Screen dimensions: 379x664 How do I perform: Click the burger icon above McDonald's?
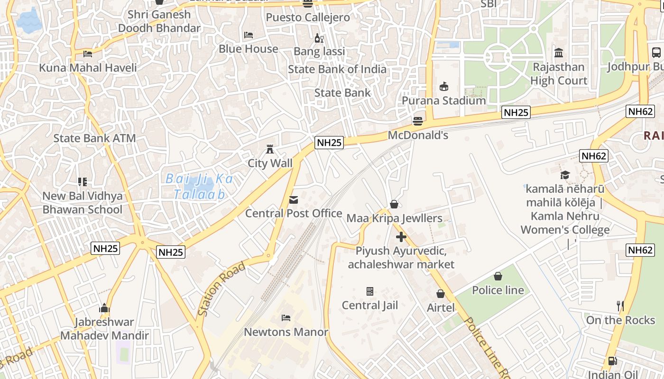pyautogui.click(x=417, y=121)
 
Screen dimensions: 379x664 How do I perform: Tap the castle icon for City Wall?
pyautogui.click(x=270, y=149)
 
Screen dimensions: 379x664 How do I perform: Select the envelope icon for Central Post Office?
pyautogui.click(x=294, y=200)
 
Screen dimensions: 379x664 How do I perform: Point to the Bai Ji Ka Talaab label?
pyautogui.click(x=200, y=186)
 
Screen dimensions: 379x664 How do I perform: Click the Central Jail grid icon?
pyautogui.click(x=370, y=291)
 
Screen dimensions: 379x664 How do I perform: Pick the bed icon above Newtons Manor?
pyautogui.click(x=286, y=317)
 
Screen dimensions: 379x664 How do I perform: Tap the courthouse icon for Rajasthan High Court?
pyautogui.click(x=559, y=53)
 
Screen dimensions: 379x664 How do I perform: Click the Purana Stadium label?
pyautogui.click(x=444, y=100)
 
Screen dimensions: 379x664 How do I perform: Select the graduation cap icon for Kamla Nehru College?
pyautogui.click(x=565, y=175)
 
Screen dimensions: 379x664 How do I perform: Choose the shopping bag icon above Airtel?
pyautogui.click(x=441, y=294)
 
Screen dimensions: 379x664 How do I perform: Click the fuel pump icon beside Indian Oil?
pyautogui.click(x=613, y=361)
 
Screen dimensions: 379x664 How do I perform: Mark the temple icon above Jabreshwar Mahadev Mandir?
pyautogui.click(x=104, y=308)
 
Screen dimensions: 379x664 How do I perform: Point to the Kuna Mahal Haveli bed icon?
pyautogui.click(x=88, y=54)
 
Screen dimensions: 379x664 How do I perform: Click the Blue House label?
pyautogui.click(x=249, y=49)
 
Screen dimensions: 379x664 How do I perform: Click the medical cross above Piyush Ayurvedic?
pyautogui.click(x=401, y=236)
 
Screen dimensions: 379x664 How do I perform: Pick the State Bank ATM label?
pyautogui.click(x=94, y=138)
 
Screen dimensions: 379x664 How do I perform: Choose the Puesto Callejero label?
pyautogui.click(x=308, y=18)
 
